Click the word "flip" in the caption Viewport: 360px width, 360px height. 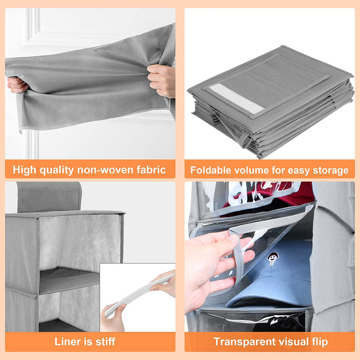[x=320, y=342]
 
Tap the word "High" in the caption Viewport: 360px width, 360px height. [x=25, y=170]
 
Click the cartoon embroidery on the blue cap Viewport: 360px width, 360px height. [x=272, y=258]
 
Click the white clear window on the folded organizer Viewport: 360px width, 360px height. [x=236, y=98]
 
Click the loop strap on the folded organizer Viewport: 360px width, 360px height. [x=246, y=140]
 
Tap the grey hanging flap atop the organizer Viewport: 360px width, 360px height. [x=49, y=197]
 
